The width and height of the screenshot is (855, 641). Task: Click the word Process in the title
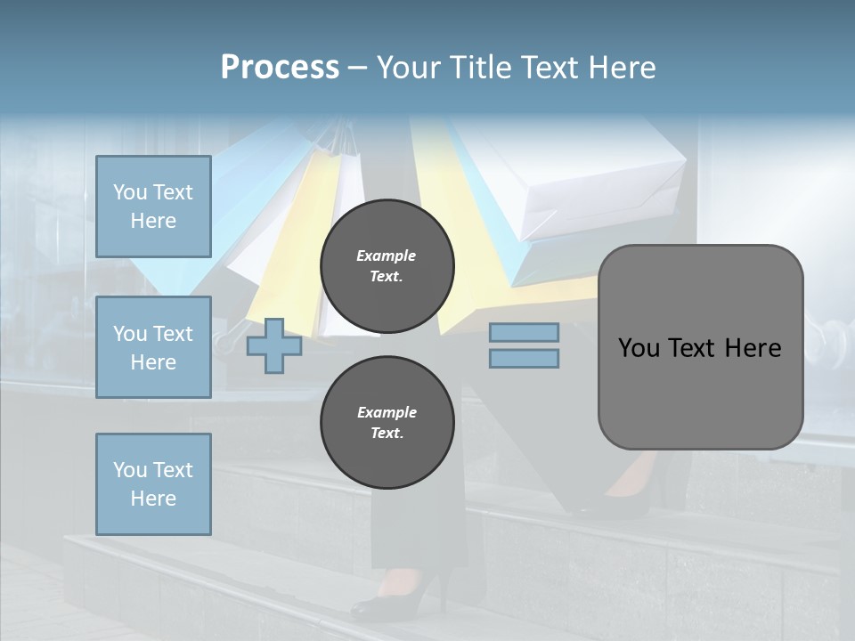click(280, 68)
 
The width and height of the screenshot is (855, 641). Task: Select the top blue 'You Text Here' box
click(153, 207)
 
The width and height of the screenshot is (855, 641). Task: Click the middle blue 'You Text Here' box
click(153, 347)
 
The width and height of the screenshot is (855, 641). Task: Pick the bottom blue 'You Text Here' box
click(153, 484)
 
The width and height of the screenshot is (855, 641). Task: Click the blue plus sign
click(274, 345)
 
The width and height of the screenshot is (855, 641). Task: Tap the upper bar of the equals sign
click(524, 332)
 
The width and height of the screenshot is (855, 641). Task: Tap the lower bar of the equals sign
click(524, 359)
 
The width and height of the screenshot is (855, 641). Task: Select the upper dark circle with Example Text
click(387, 265)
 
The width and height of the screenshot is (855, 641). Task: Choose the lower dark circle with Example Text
click(387, 422)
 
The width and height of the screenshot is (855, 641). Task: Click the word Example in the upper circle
click(387, 256)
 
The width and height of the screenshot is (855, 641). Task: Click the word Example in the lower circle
click(387, 412)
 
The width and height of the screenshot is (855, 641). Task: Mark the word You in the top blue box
click(130, 192)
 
